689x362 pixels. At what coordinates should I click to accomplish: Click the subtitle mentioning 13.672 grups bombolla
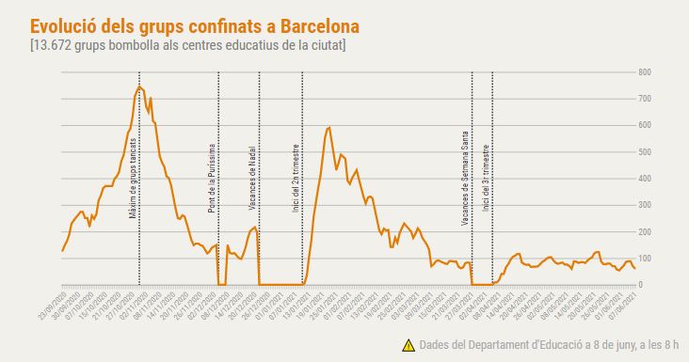pos(187,44)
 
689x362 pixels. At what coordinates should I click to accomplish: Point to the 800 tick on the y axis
pos(645,72)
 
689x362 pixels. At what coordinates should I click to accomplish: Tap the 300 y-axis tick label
pos(645,205)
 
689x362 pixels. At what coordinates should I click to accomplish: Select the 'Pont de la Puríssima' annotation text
pos(213,176)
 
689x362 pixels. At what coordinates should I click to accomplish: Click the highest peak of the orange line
pos(139,87)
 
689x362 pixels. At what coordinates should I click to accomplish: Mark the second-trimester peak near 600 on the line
pos(328,128)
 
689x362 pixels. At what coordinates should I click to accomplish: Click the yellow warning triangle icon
pos(408,345)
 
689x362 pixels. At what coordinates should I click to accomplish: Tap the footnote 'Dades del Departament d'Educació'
pos(546,345)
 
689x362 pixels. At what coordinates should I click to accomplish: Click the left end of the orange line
pos(62,251)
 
